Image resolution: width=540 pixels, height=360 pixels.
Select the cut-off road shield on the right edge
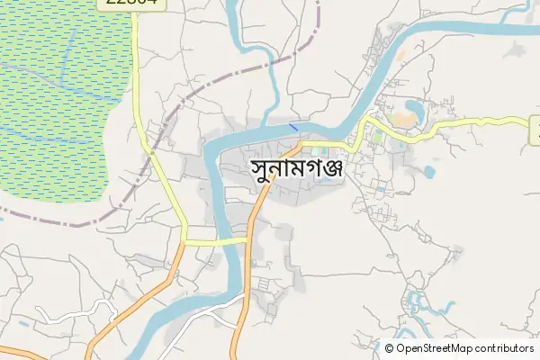click(534, 131)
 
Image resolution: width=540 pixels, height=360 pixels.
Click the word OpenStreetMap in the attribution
click(440, 348)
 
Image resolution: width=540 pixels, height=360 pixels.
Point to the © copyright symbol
click(389, 348)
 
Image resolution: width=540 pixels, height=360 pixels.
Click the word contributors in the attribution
click(505, 348)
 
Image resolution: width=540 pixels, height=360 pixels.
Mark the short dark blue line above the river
click(293, 127)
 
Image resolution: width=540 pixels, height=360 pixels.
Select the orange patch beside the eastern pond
click(400, 55)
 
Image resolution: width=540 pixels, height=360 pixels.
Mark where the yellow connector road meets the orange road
click(247, 239)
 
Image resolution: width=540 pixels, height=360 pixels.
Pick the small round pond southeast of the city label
click(428, 170)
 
